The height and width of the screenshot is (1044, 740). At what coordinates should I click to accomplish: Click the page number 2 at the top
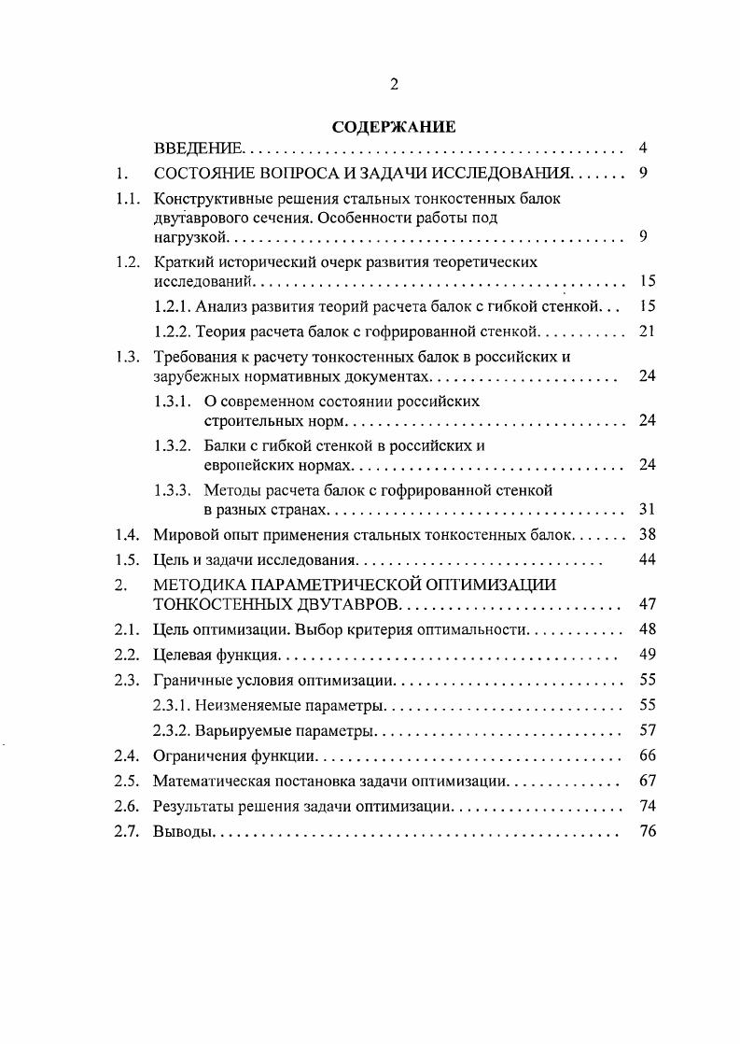(393, 84)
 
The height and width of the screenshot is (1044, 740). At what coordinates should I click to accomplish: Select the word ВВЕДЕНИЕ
(198, 148)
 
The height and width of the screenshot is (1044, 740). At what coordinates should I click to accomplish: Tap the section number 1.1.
(127, 198)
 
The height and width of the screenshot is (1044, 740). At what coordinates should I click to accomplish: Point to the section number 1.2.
(127, 261)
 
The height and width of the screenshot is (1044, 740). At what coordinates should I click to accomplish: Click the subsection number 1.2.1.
(173, 305)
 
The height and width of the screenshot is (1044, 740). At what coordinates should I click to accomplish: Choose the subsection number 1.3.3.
(173, 489)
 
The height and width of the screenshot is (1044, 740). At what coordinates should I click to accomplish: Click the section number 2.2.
(127, 655)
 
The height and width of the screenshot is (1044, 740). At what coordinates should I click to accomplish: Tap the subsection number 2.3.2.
(173, 729)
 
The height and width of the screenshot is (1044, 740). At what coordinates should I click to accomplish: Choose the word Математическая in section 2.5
(209, 781)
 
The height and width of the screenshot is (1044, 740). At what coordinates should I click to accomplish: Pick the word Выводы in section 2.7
(182, 831)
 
